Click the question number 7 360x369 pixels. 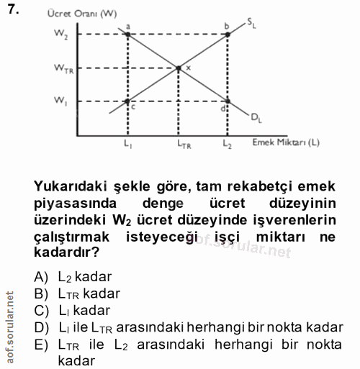coord(12,11)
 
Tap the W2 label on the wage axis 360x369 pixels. coord(60,33)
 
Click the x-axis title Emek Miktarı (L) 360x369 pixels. coord(286,142)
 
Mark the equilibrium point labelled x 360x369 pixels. coord(179,68)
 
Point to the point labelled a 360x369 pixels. coord(128,33)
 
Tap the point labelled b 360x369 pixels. coord(228,33)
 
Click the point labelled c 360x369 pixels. coord(128,100)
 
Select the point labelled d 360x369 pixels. coord(228,100)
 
